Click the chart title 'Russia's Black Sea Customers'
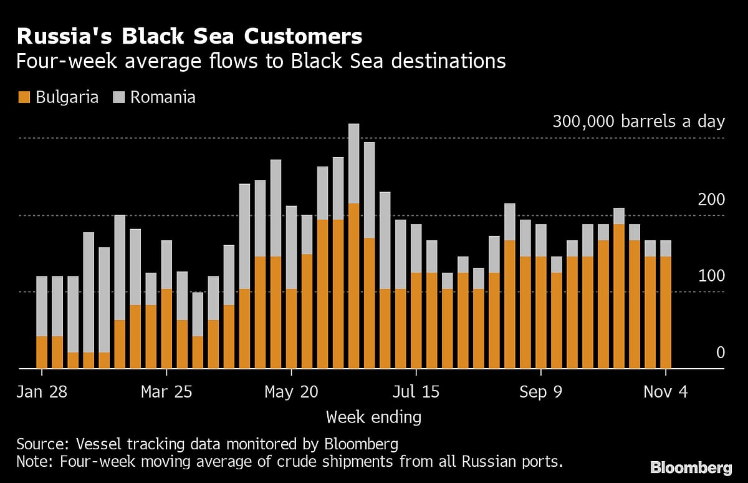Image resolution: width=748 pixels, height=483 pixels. click(x=189, y=37)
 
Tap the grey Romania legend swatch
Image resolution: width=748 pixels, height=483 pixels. click(x=118, y=97)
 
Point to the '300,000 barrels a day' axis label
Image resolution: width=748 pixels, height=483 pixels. click(x=638, y=121)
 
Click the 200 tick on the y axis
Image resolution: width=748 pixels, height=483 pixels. click(x=711, y=200)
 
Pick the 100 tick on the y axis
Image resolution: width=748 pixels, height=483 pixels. click(x=711, y=276)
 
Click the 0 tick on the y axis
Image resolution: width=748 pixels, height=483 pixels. click(x=720, y=353)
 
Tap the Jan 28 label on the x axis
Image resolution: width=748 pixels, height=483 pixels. click(x=42, y=392)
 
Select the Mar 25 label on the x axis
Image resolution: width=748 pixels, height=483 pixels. click(x=167, y=392)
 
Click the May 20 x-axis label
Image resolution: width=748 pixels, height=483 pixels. click(x=292, y=392)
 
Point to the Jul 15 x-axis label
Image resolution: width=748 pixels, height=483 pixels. click(x=416, y=392)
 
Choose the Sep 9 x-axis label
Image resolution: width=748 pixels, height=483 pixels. click(x=541, y=392)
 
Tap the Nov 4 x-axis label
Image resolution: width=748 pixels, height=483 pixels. click(x=666, y=392)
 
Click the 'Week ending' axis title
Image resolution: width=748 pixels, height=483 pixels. click(x=373, y=416)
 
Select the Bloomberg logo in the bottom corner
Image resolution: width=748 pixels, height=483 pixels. click(x=691, y=467)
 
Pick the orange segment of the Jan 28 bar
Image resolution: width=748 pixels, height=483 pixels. click(x=42, y=352)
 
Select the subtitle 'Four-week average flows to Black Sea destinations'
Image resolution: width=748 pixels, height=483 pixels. click(x=261, y=61)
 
